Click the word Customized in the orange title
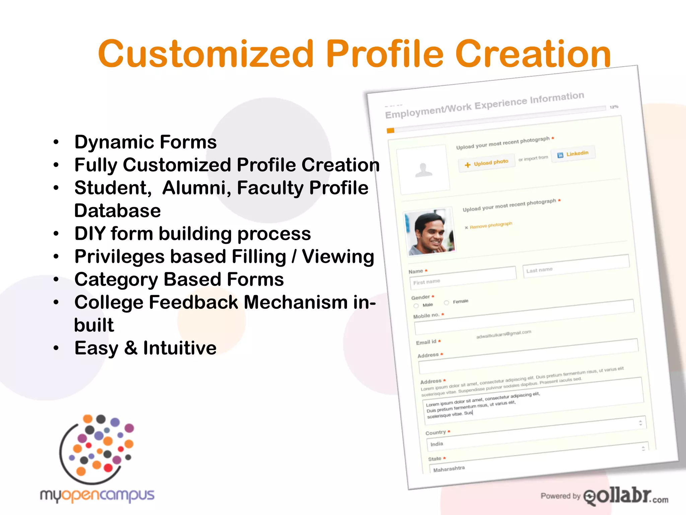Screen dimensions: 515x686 coord(206,54)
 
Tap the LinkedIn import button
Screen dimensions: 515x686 coord(573,154)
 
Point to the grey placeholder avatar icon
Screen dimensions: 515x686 coord(423,170)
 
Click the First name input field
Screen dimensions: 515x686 coord(462,278)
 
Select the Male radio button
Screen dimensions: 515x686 coord(416,306)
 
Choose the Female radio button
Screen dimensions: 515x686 coord(447,303)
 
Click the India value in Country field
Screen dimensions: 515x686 coord(436,444)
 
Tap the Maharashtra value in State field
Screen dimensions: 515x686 coord(449,469)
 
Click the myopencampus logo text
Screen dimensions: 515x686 coord(97,496)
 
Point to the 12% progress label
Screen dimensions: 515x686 coord(614,107)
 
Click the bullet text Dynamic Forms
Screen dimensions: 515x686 coord(145,142)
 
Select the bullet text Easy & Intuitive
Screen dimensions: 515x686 coord(145,348)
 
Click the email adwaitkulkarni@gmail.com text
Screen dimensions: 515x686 coord(503,334)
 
